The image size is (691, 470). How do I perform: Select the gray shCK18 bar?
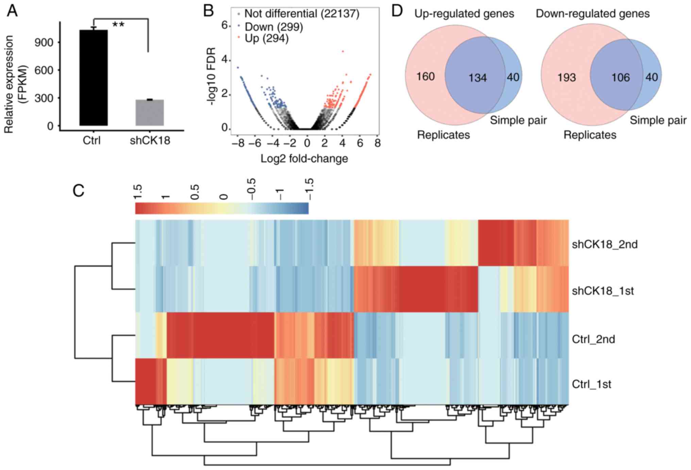coord(150,112)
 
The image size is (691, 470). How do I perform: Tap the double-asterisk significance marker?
coord(118,25)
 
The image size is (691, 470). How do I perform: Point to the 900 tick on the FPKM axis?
coord(44,42)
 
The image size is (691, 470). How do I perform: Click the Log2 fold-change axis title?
coord(304,158)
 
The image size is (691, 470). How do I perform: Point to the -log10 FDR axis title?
coord(212,76)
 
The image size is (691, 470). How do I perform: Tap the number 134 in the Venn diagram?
coord(477,78)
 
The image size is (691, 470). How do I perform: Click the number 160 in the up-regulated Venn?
coord(425,77)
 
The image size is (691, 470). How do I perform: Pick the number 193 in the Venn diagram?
coord(567,78)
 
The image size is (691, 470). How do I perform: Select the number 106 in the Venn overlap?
coord(621,78)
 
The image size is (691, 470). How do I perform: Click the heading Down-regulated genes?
coord(592,14)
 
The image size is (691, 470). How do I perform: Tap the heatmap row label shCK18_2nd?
coord(605,244)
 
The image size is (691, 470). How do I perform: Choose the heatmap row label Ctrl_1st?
coord(591,384)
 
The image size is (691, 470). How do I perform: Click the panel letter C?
coord(79,191)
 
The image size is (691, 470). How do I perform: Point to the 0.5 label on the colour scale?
coord(195,192)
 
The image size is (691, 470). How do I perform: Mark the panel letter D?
coord(397,11)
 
